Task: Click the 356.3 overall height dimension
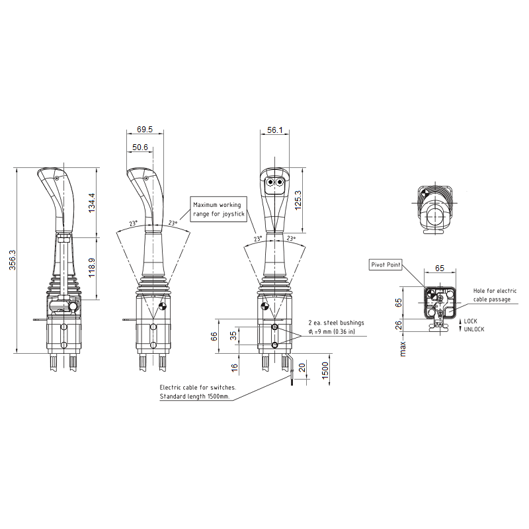(x=13, y=260)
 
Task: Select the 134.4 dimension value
(x=92, y=203)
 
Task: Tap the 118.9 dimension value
(x=92, y=268)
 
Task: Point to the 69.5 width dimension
(x=145, y=129)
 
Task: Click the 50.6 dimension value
(x=140, y=147)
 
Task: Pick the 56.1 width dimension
(x=274, y=130)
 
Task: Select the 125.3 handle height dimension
(x=298, y=200)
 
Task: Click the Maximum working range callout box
(x=219, y=209)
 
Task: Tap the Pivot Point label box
(x=386, y=265)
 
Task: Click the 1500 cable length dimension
(x=325, y=370)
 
